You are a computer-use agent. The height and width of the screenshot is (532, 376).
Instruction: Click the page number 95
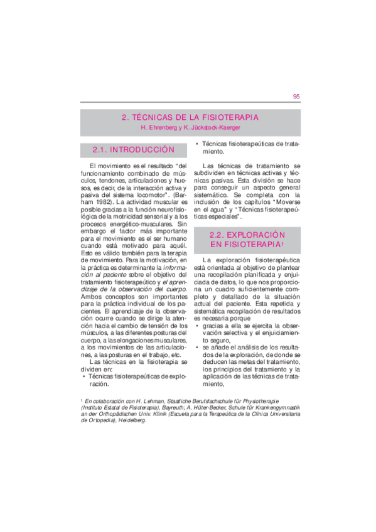pos(296,97)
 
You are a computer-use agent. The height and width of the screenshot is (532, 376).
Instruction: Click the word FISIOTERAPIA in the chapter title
pos(228,117)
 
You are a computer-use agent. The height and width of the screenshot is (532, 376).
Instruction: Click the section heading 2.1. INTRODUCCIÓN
pos(132,151)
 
